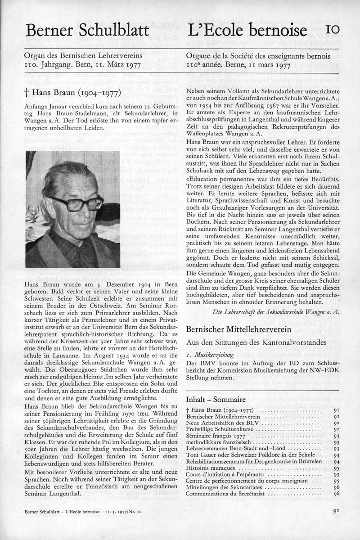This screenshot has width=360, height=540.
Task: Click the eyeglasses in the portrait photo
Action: tap(76, 202)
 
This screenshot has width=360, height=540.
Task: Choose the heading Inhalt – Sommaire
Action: tap(216, 400)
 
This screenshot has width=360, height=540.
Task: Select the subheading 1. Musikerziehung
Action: tap(208, 355)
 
